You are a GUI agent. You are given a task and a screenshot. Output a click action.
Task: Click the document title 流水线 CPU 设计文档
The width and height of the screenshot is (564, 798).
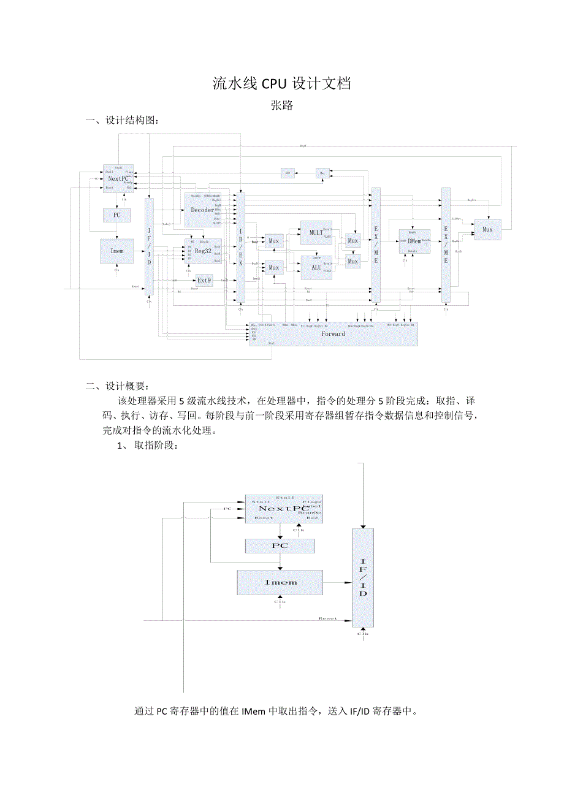pyautogui.click(x=281, y=84)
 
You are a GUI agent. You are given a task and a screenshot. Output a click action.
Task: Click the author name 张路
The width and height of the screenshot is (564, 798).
pyautogui.click(x=282, y=105)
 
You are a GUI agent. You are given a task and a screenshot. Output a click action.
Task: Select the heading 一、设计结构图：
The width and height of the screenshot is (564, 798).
pyautogui.click(x=126, y=121)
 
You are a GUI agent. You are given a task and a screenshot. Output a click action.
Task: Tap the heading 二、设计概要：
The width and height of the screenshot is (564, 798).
pyautogui.click(x=117, y=386)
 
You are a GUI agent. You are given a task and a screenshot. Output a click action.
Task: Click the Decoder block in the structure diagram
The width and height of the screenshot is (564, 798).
pyautogui.click(x=202, y=210)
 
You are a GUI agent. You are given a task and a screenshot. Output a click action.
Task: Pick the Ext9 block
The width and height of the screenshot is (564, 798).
pyautogui.click(x=204, y=280)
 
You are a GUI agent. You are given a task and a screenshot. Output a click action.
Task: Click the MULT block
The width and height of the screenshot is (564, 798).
pyautogui.click(x=316, y=233)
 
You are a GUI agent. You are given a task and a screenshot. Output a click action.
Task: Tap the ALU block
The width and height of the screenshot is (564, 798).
pyautogui.click(x=316, y=267)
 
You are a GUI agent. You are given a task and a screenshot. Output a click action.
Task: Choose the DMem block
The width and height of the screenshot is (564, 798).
pyautogui.click(x=414, y=241)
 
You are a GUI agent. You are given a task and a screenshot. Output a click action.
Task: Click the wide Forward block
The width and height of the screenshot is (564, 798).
pyautogui.click(x=333, y=334)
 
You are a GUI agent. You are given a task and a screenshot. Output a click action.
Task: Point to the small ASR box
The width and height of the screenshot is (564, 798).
pyautogui.click(x=287, y=173)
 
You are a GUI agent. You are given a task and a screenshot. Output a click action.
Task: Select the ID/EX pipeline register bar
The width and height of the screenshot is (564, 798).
pyautogui.click(x=241, y=248)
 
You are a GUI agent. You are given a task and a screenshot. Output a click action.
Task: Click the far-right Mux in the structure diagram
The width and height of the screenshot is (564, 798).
pyautogui.click(x=487, y=230)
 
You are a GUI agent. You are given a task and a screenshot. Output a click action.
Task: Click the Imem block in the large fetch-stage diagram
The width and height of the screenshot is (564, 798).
pyautogui.click(x=280, y=582)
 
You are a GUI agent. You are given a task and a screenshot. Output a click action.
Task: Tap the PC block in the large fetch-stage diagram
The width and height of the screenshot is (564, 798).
pyautogui.click(x=280, y=545)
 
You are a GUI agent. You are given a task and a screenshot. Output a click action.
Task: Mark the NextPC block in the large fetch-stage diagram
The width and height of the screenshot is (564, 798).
pyautogui.click(x=283, y=509)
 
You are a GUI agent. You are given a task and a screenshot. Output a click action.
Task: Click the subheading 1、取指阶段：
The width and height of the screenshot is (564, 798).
pyautogui.click(x=148, y=446)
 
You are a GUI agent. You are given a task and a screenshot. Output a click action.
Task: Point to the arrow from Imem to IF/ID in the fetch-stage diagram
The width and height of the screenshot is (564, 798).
pyautogui.click(x=337, y=582)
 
